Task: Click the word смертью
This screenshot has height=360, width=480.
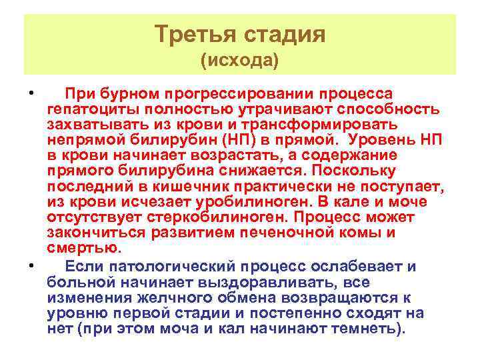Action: (x=84, y=248)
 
